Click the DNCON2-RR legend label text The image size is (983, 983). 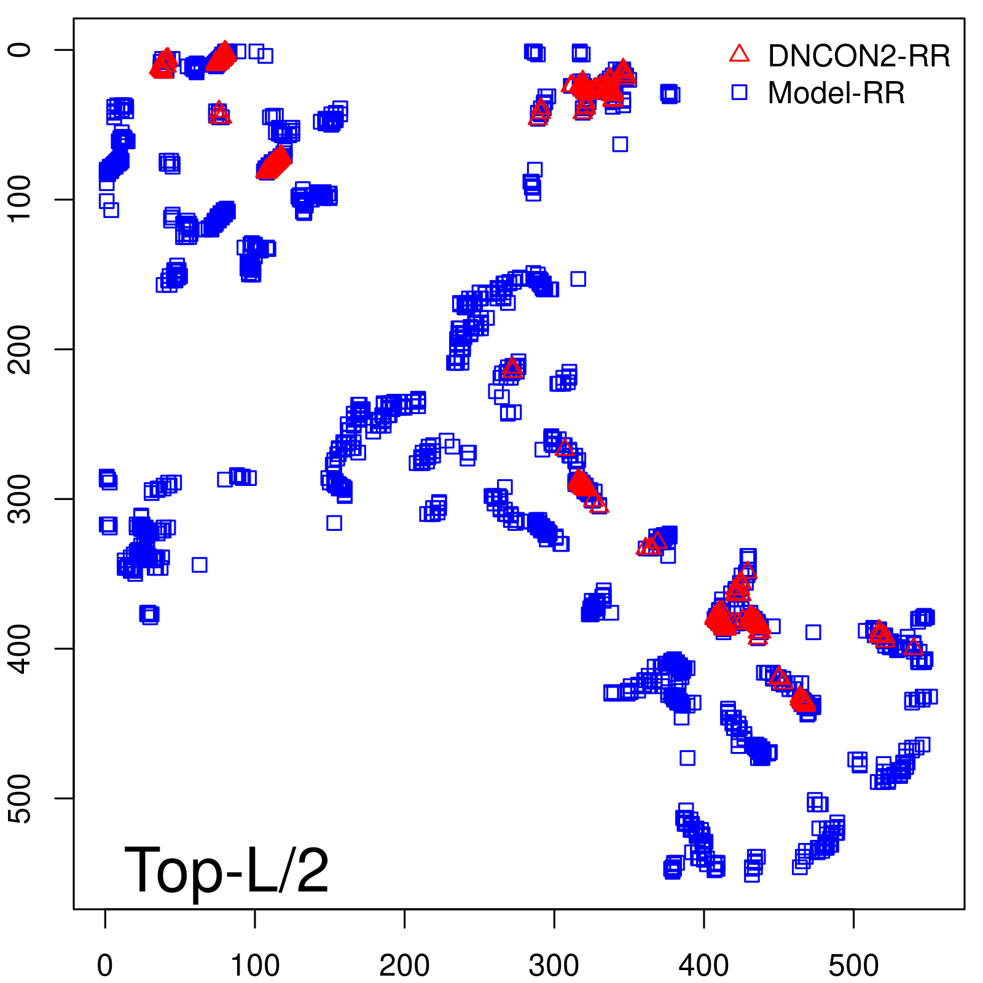[858, 56]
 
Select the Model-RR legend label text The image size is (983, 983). [836, 93]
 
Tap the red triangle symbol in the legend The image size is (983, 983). [739, 54]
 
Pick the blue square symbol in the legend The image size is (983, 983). [739, 92]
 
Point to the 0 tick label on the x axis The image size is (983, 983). [105, 966]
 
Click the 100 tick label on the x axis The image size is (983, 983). [255, 966]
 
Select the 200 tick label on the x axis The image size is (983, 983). [404, 966]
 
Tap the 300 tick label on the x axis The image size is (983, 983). [554, 966]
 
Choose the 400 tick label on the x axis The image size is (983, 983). [703, 966]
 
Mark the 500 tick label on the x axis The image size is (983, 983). [853, 966]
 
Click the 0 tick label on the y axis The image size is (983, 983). [21, 50]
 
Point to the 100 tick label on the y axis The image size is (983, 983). [21, 199]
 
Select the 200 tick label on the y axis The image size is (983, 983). [21, 349]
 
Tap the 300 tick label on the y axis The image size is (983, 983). [21, 498]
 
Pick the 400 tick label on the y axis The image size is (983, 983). [21, 648]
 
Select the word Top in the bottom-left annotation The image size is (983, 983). [173, 871]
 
